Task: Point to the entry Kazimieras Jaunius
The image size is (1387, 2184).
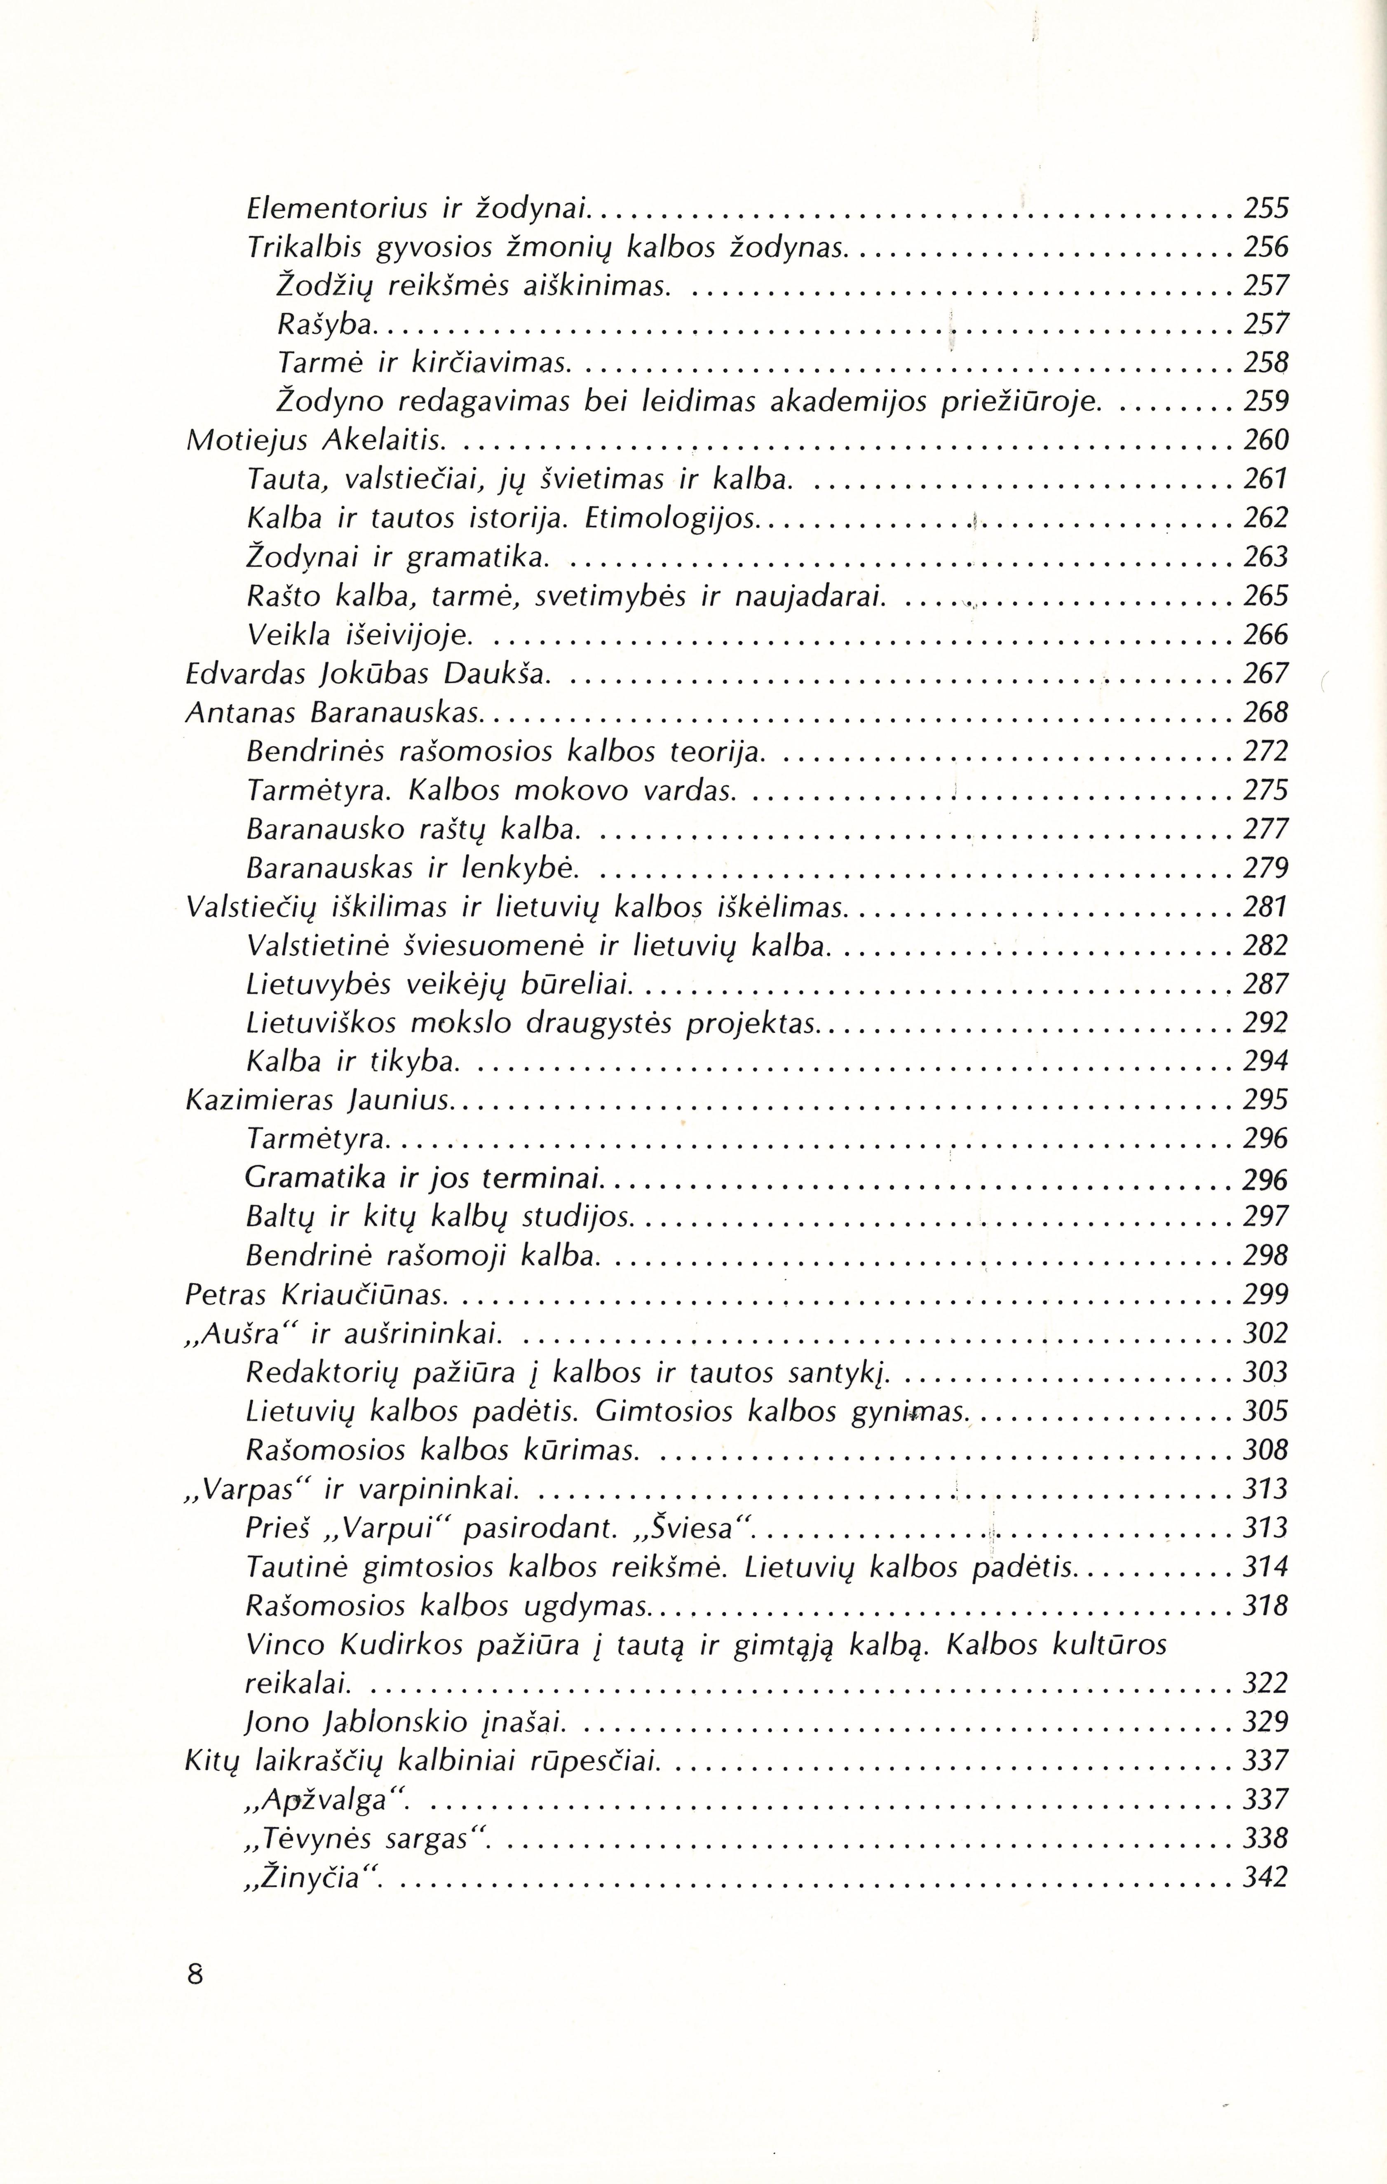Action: tap(317, 1100)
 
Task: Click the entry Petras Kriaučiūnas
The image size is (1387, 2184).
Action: tap(317, 1294)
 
